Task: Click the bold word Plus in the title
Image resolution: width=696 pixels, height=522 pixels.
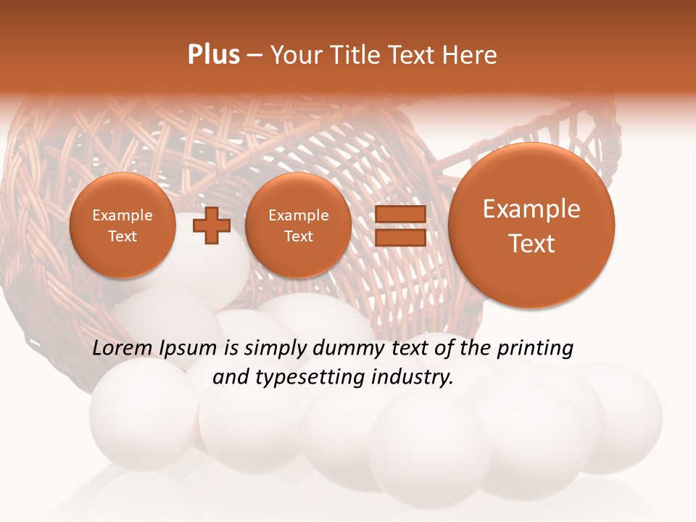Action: click(213, 55)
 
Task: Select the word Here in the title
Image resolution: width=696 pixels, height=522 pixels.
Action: click(471, 55)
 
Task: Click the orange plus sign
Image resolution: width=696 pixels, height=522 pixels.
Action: click(212, 225)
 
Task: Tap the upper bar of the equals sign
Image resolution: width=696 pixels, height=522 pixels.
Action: click(399, 214)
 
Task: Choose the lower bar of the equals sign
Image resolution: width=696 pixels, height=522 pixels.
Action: click(399, 238)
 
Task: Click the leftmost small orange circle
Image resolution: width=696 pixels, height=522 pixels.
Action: click(123, 225)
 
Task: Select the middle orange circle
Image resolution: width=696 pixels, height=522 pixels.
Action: click(298, 225)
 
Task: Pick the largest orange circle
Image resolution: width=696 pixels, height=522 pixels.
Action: click(531, 225)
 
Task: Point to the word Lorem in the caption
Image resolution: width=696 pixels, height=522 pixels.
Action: click(124, 349)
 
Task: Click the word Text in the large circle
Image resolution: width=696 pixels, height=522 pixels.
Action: click(531, 244)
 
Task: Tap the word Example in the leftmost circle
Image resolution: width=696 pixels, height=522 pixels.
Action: click(123, 215)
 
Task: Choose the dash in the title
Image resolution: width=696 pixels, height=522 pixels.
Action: click(254, 56)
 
